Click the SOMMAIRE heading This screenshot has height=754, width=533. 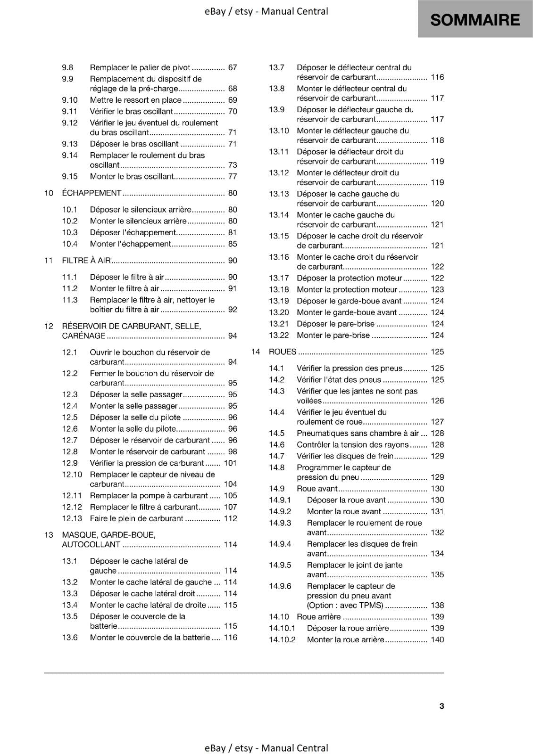click(475, 20)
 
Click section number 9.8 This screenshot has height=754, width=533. click(67, 67)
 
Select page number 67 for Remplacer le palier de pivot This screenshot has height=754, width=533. click(233, 67)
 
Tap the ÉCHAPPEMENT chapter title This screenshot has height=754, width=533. click(92, 193)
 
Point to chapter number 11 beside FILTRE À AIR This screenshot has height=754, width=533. click(48, 261)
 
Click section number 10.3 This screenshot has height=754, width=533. click(69, 232)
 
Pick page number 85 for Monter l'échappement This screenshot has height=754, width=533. click(233, 244)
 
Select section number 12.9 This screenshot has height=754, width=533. click(69, 463)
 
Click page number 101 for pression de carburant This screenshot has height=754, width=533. click(230, 463)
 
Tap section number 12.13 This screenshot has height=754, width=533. click(72, 518)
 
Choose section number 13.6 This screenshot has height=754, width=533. click(69, 638)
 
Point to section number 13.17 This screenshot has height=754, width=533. click(279, 278)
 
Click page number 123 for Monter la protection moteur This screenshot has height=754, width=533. click(437, 290)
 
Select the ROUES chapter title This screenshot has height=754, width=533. click(283, 352)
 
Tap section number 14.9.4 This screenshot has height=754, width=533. click(280, 544)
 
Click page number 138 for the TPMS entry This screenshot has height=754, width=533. click(437, 605)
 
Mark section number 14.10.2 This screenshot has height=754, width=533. click(282, 639)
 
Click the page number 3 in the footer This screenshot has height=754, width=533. click(441, 706)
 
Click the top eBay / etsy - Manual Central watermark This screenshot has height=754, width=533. click(266, 11)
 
